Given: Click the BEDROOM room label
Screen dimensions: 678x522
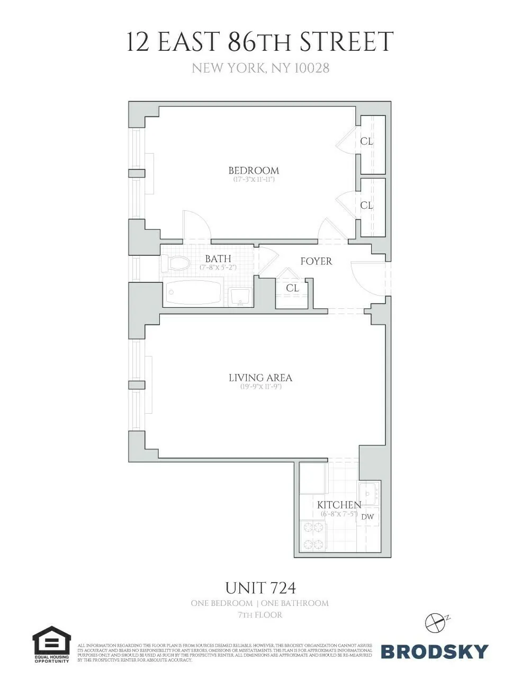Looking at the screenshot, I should (254, 171).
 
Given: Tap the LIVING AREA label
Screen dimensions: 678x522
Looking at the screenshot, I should (260, 378).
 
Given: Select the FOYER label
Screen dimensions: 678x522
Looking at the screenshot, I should (316, 261).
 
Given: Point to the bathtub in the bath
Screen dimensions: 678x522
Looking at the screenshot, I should (193, 293).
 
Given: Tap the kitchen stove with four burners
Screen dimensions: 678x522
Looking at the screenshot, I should (313, 536).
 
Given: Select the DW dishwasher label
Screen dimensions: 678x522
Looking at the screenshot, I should (368, 517).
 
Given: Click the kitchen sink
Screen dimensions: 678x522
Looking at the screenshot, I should (368, 494).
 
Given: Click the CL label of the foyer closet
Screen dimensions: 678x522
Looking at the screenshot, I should (292, 288).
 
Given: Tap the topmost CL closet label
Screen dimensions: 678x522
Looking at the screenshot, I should (366, 141).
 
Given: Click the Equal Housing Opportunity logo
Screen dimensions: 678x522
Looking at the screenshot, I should (52, 644).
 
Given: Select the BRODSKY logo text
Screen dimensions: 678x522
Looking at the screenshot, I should (434, 651).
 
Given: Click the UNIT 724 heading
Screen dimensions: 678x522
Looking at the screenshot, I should (260, 588).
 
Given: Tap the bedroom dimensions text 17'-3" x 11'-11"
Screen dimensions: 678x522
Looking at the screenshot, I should (254, 180).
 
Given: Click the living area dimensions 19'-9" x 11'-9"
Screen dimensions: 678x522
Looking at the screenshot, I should (260, 387).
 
